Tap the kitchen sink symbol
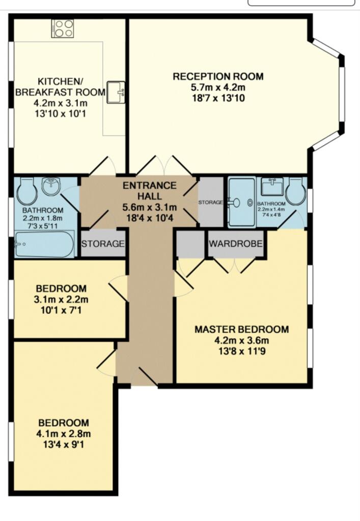[117, 93]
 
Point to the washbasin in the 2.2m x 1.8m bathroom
[51, 187]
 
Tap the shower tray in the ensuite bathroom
[242, 202]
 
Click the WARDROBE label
[235, 244]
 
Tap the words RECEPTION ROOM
[218, 77]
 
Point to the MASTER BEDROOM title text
[241, 329]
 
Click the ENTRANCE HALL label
[149, 191]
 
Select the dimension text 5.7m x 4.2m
[218, 88]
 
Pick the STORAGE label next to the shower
[211, 202]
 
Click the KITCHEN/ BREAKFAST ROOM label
[60, 86]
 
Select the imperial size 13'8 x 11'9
[241, 351]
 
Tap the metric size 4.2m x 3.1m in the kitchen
[60, 103]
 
